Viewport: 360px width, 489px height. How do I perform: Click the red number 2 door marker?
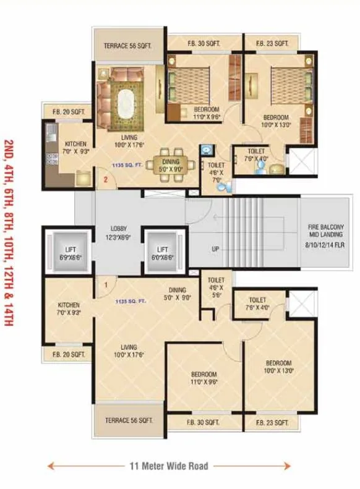106,180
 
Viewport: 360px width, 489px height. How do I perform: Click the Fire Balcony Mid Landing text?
325,235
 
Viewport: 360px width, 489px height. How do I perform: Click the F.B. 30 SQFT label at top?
204,43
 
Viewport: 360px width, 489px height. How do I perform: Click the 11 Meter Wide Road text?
169,466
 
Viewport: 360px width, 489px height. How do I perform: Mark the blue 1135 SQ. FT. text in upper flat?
127,165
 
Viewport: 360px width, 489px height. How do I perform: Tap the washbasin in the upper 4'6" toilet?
206,150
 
